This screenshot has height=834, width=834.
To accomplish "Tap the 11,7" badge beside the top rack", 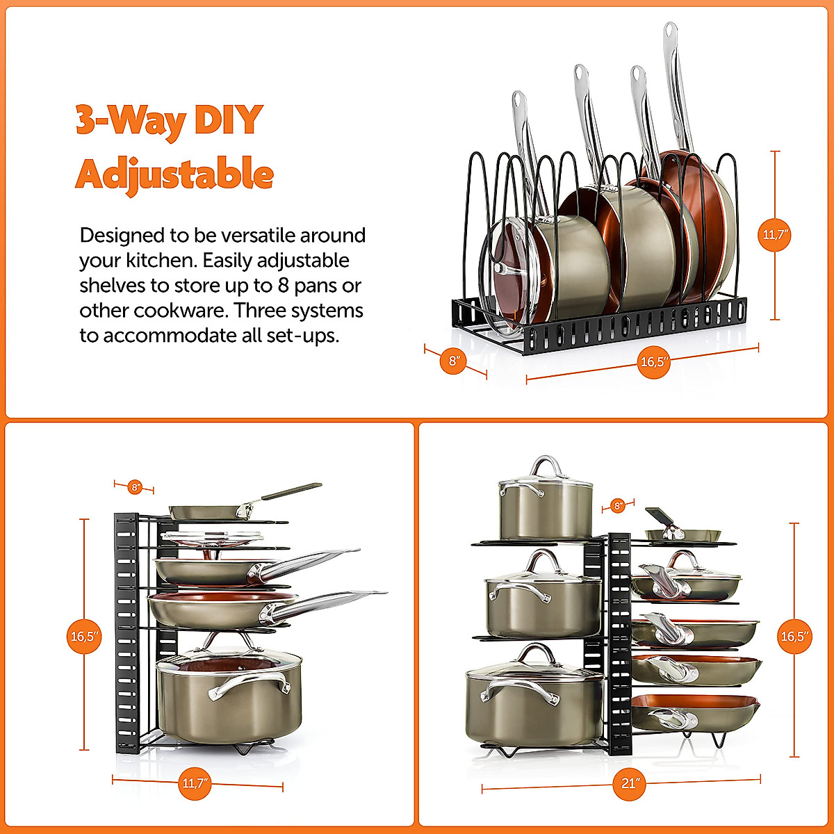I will coord(775,235).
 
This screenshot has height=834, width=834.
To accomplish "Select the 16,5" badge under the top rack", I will coord(654,361).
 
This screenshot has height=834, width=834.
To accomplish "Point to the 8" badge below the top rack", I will coord(454,361).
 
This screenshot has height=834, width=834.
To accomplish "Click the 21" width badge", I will coord(630,783).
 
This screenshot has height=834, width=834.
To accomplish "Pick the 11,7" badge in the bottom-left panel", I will coord(195,783).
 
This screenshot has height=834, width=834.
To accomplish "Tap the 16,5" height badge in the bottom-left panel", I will coord(85,636).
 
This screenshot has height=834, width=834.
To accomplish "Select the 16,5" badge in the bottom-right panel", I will coord(795,637).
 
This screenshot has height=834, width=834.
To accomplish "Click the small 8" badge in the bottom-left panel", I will coord(135,487).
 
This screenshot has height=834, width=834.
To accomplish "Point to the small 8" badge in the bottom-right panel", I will coord(617,505).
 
